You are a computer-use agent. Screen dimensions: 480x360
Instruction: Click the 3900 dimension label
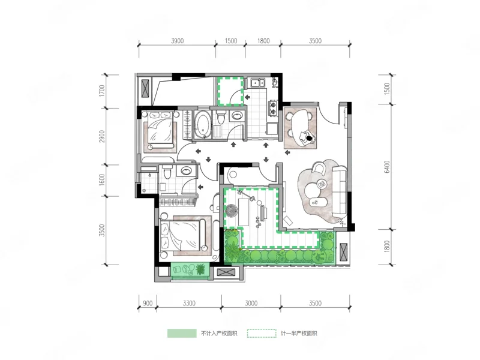point(177,41)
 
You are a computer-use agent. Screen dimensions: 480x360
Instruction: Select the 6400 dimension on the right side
point(387,167)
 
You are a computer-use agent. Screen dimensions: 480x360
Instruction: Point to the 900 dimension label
point(148,304)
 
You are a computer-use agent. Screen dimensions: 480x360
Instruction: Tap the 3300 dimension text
point(189,304)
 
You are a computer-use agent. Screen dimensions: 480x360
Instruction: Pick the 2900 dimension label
point(102,136)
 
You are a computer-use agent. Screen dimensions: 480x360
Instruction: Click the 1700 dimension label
point(102,91)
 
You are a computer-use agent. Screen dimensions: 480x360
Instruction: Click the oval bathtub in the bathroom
point(202,125)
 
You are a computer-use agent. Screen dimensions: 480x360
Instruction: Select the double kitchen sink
point(258,83)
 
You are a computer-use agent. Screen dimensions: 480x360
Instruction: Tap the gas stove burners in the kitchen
point(272,107)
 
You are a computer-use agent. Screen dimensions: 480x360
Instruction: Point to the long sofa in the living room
point(340,190)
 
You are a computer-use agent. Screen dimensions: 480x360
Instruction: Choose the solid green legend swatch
point(182,334)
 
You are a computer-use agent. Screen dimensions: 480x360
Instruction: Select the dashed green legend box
point(262,334)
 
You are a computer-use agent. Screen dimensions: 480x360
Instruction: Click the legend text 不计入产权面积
point(219,334)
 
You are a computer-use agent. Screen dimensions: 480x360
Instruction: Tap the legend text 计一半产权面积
point(299,334)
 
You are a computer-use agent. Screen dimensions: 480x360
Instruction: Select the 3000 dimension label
point(251,304)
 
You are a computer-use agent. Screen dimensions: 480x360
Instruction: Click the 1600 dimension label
point(102,179)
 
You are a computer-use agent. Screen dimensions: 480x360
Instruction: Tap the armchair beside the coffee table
point(319,169)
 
